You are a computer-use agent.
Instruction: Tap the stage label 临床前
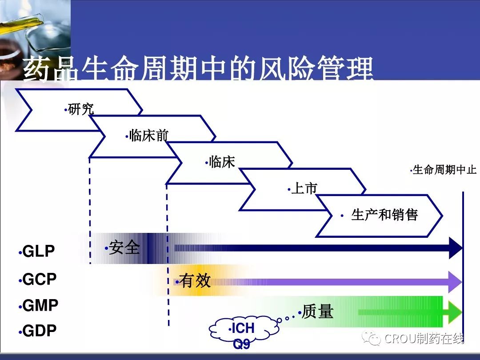[x=149, y=135]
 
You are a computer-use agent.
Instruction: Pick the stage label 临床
[x=222, y=162]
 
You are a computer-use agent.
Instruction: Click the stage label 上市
[x=304, y=188]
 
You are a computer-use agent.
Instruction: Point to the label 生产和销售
[x=384, y=215]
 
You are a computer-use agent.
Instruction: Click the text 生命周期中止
[x=444, y=170]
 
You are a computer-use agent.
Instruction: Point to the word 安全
[x=124, y=248]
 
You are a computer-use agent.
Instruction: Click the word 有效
[x=195, y=280]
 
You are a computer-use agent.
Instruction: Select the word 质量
[x=317, y=311]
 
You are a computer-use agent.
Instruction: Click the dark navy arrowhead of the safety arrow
[x=456, y=248]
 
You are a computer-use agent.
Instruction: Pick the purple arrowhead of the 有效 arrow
[x=455, y=282]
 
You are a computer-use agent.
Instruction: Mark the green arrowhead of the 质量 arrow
[x=456, y=312]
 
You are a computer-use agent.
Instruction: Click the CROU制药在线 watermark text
[x=424, y=338]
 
